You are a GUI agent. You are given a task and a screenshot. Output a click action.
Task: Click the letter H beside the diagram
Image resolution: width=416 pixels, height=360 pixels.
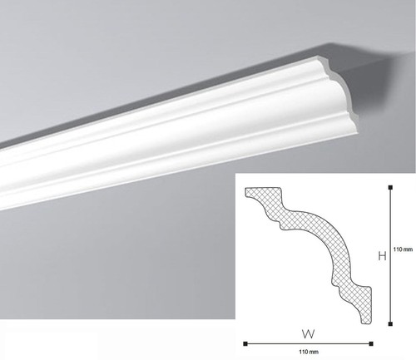click(383, 256)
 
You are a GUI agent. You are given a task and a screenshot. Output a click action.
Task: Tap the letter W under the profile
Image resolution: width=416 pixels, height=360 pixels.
click(308, 334)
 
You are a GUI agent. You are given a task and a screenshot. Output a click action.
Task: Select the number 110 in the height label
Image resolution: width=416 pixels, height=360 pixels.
click(397, 249)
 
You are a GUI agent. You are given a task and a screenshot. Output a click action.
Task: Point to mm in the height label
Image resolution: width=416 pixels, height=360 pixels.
click(408, 249)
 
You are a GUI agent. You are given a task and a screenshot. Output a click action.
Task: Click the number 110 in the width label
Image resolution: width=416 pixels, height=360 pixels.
click(303, 352)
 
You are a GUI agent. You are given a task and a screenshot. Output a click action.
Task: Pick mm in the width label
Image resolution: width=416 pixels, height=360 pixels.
click(314, 353)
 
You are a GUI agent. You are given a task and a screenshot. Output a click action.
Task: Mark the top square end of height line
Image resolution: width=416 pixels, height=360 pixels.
click(390, 188)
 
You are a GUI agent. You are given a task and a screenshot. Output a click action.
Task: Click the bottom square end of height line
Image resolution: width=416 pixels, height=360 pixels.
click(390, 323)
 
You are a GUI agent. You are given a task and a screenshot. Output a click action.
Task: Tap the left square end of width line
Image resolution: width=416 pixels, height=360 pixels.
click(245, 344)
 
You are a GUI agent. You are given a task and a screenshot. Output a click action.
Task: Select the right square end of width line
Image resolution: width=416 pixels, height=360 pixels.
click(371, 344)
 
